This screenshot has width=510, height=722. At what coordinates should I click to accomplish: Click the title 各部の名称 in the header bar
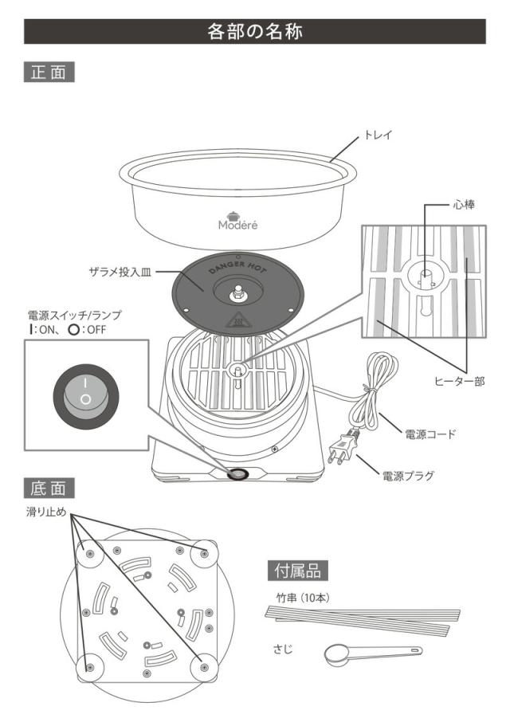[x=255, y=32]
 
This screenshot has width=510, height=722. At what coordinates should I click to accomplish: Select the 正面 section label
[x=49, y=72]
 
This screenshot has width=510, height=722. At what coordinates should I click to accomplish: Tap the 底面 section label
[x=49, y=488]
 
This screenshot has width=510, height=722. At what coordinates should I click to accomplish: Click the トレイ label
[x=378, y=136]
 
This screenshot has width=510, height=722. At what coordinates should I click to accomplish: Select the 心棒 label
[x=464, y=205]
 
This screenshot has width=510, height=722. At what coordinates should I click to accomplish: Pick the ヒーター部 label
[x=457, y=382]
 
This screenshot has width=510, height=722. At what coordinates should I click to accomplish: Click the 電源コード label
[x=430, y=434]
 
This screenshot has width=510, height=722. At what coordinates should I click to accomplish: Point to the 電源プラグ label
[x=408, y=477]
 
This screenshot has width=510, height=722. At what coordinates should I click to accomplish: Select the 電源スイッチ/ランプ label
[x=75, y=316]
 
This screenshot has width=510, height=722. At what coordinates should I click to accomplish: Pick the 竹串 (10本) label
[x=297, y=598]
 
